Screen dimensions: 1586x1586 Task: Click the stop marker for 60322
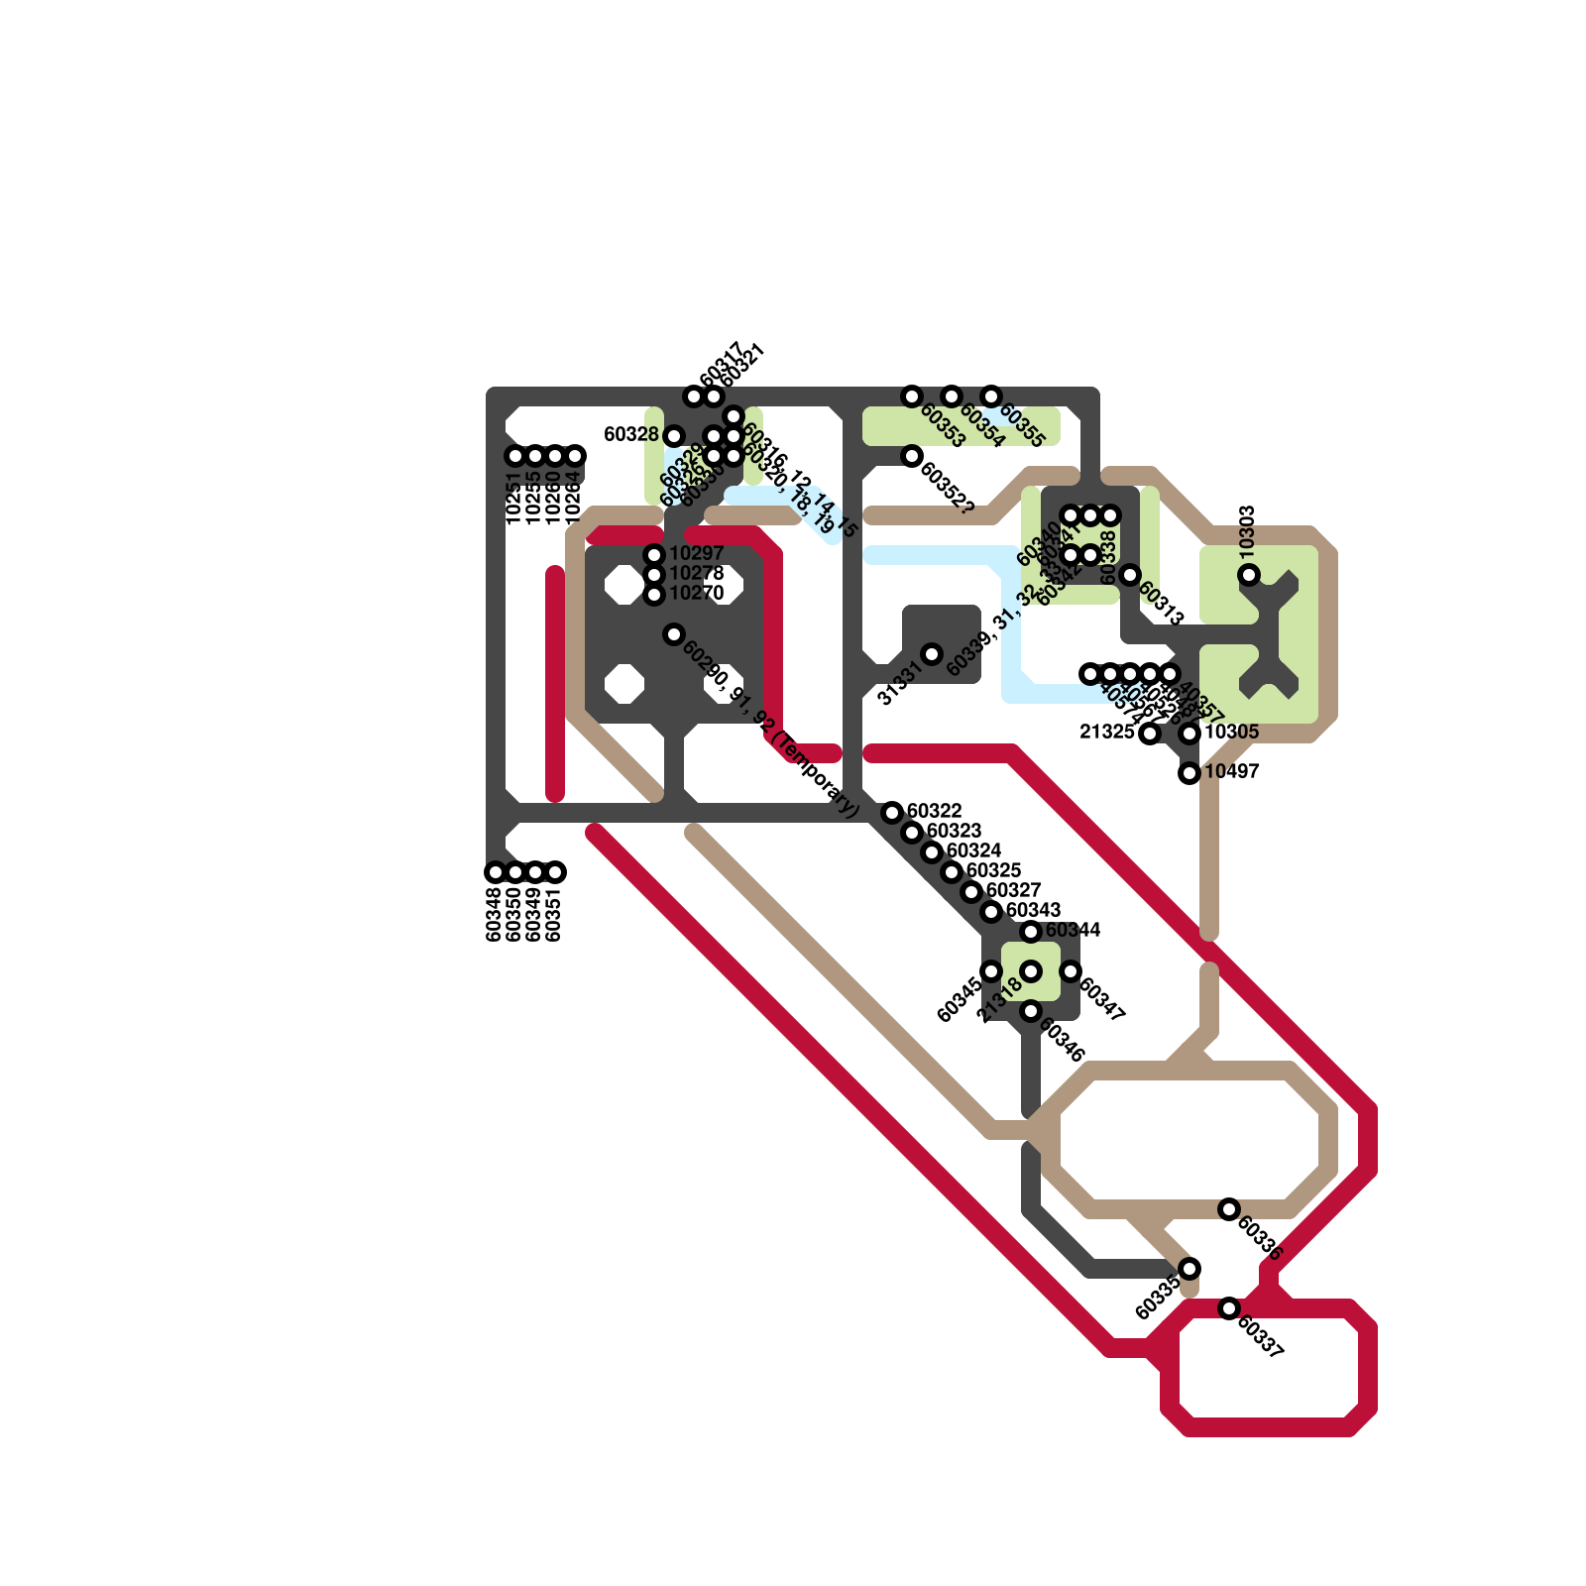click(892, 813)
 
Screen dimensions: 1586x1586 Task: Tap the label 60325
click(993, 870)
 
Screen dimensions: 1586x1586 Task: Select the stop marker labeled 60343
click(991, 912)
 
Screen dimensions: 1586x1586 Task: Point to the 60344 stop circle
click(1031, 932)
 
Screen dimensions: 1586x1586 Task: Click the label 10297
click(697, 553)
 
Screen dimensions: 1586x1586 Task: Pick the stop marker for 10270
click(654, 595)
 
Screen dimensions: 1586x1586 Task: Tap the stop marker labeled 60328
click(674, 436)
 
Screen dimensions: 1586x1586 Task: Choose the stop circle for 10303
click(1249, 575)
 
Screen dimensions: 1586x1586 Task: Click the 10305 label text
click(1231, 732)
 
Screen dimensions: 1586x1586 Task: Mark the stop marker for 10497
click(1189, 773)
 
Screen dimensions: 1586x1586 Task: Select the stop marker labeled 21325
click(1150, 734)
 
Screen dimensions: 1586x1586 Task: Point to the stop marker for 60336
click(1229, 1209)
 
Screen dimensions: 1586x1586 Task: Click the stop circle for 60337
click(1229, 1308)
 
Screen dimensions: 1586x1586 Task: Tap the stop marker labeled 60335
click(1189, 1269)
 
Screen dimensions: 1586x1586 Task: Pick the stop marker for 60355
click(991, 396)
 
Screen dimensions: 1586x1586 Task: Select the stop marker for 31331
click(932, 654)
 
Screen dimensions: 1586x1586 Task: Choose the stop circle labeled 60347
click(1071, 971)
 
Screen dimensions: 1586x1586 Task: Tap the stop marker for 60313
click(1130, 575)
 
